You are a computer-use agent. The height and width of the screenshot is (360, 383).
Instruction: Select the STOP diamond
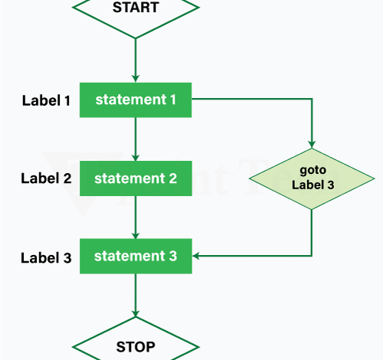[x=136, y=345]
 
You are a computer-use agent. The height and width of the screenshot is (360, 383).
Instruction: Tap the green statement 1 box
[x=136, y=100]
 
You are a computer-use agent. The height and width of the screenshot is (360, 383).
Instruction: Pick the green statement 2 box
[x=136, y=178]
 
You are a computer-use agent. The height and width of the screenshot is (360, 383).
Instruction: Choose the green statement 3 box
[x=136, y=256]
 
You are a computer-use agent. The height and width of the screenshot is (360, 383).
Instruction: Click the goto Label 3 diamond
[x=311, y=178]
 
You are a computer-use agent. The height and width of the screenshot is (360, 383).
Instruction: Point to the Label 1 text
[x=47, y=100]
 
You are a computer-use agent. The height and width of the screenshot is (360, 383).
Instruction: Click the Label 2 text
[x=47, y=179]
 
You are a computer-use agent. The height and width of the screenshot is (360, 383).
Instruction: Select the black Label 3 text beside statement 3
[x=47, y=257]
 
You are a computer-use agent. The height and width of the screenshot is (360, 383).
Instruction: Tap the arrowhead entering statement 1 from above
[x=136, y=77]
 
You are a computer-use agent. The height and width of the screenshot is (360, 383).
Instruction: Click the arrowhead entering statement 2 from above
[x=136, y=156]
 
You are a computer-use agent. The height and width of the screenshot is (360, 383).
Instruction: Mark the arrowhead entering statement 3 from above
[x=136, y=234]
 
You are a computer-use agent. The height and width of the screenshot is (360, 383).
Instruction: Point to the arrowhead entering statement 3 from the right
[x=197, y=256]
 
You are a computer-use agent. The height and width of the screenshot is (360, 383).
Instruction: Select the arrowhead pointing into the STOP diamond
[x=136, y=313]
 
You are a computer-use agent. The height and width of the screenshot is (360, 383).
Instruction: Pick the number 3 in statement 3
[x=173, y=256]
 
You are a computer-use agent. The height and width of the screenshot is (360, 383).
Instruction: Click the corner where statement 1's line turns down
[x=311, y=100]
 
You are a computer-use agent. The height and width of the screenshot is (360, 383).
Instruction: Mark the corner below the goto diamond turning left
[x=311, y=256]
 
